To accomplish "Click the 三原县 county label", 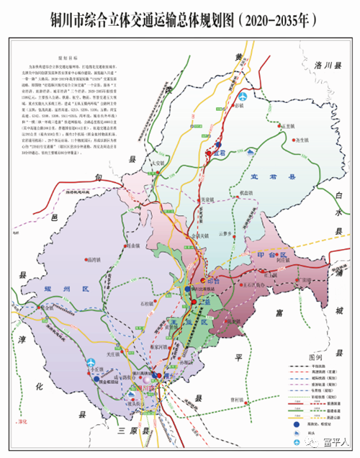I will (x=132, y=431).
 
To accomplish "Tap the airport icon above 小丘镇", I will (x=91, y=363).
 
